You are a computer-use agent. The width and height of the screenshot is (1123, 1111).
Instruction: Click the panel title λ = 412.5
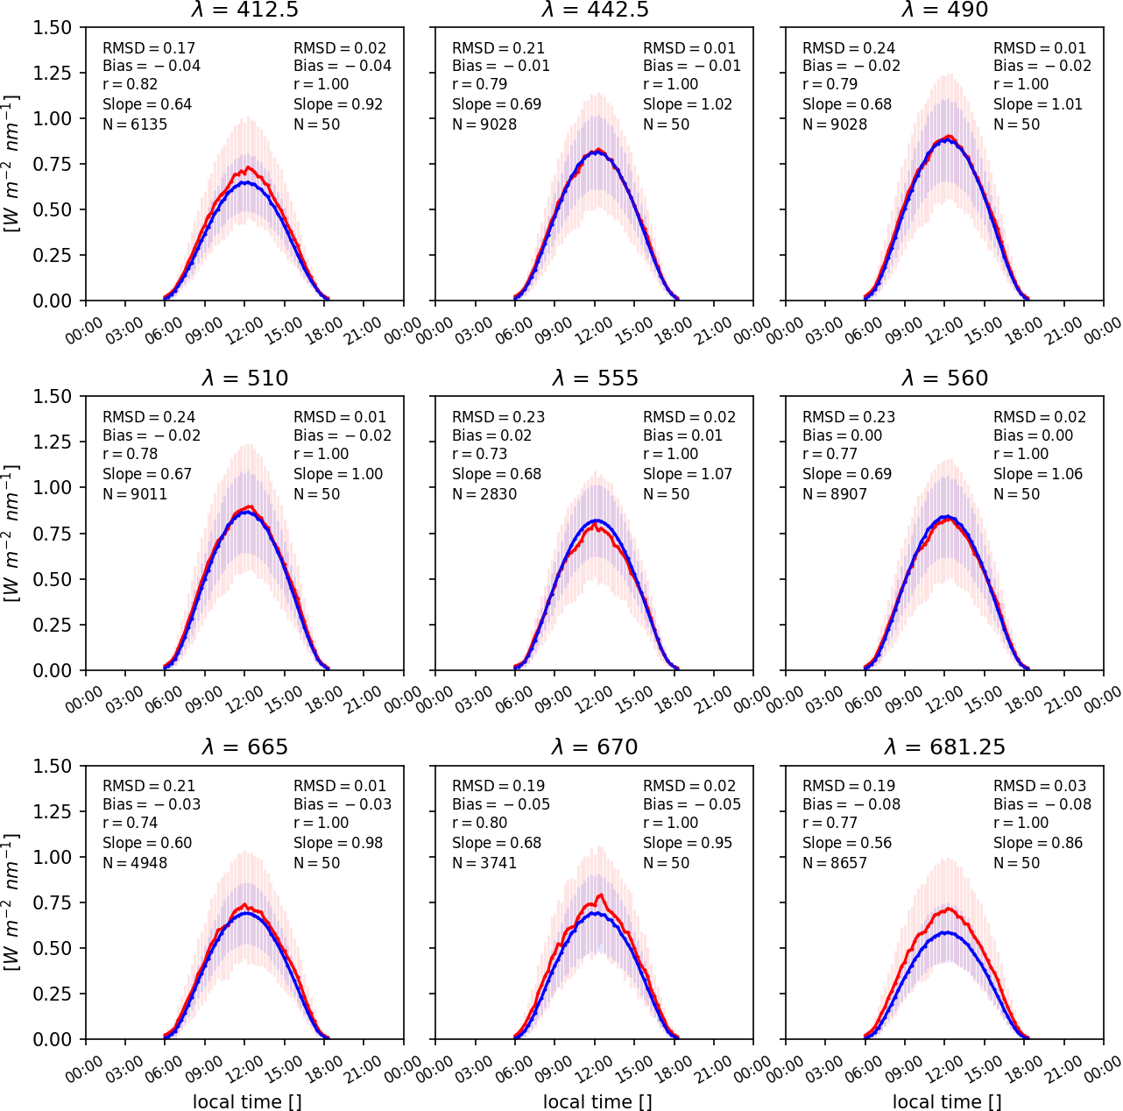coord(244,10)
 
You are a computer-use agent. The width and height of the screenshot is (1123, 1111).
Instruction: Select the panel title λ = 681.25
coord(944,747)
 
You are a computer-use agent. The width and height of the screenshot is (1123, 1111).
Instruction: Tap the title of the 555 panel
coord(595,379)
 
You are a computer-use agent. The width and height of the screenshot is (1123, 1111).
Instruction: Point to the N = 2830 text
coord(484,494)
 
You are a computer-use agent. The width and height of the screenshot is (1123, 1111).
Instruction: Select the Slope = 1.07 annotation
coord(687,474)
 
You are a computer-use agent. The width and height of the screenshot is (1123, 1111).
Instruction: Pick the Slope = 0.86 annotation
coord(1037,843)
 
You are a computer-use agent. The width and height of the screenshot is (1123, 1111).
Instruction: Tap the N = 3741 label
coord(484,863)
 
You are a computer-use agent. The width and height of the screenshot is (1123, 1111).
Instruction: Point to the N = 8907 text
coord(835,494)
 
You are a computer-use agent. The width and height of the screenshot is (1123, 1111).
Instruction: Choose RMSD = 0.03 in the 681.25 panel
coord(1039,786)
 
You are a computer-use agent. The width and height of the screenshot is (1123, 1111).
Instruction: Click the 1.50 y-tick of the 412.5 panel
coord(53,28)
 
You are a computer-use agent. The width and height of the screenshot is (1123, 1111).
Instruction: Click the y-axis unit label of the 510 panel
coord(12,533)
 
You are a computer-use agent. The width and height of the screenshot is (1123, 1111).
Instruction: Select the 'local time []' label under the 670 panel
coord(597,1102)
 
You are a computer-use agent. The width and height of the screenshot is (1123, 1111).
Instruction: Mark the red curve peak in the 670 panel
coord(601,895)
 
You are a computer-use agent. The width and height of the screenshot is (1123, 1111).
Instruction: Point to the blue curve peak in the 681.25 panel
coord(945,932)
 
